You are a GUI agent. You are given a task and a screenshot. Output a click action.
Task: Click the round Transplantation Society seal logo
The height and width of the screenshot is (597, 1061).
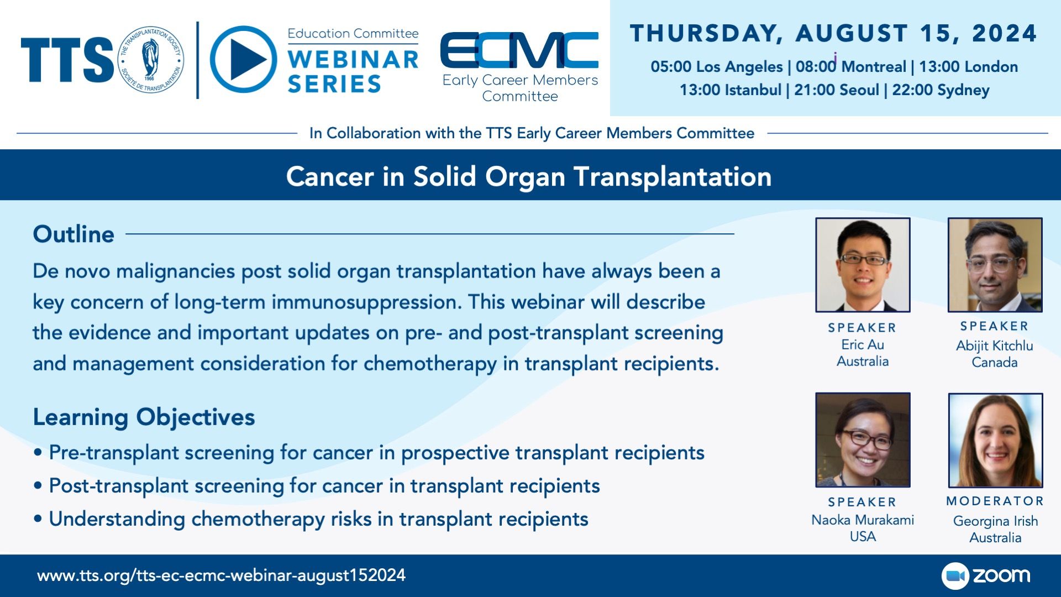(151, 59)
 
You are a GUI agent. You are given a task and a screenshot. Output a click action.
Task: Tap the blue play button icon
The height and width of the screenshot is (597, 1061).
(244, 59)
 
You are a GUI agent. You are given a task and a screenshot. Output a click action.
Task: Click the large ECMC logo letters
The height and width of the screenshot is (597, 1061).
(519, 50)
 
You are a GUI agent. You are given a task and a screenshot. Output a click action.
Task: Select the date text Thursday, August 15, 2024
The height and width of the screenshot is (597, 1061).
(833, 33)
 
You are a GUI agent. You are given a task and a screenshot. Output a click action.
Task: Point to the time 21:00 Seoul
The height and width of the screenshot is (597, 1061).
(836, 90)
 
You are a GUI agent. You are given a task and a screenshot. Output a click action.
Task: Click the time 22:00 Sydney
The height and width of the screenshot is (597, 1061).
(941, 90)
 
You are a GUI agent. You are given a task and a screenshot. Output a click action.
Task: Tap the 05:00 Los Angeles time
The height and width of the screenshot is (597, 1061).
(717, 66)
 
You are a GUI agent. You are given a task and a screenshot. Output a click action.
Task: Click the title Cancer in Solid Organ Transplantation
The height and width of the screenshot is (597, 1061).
(529, 177)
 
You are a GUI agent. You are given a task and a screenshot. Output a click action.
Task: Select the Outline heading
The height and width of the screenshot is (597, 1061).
(73, 234)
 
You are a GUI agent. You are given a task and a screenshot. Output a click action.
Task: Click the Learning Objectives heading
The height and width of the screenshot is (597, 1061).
(144, 417)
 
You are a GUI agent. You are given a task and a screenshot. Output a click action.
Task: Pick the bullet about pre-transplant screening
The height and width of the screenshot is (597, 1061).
(369, 453)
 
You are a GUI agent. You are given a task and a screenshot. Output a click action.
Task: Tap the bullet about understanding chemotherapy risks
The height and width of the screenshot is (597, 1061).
(311, 519)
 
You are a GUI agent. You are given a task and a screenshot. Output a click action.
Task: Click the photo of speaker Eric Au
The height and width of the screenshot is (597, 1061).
(863, 265)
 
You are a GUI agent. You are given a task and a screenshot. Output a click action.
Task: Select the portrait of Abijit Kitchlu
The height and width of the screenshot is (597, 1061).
(995, 265)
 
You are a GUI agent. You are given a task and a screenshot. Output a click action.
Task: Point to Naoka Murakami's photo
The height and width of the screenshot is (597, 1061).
(863, 440)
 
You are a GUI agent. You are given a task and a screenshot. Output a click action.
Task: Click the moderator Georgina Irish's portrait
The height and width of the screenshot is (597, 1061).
(995, 440)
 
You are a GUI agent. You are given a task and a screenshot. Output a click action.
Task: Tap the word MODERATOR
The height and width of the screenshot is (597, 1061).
(995, 501)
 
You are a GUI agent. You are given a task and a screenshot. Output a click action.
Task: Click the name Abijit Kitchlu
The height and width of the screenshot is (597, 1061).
(995, 346)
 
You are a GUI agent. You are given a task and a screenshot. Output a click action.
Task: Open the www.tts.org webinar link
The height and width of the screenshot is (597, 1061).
(221, 575)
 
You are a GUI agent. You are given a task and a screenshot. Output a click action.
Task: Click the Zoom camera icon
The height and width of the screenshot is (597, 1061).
(955, 576)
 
